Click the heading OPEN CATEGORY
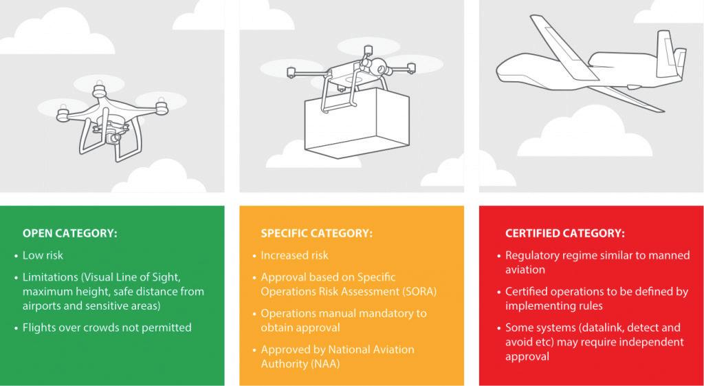click(70, 233)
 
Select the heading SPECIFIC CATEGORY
click(316, 233)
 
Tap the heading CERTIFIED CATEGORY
click(564, 233)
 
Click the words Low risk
click(43, 255)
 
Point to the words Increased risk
click(294, 255)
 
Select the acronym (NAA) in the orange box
click(327, 363)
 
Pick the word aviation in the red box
click(525, 270)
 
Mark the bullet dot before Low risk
click(16, 256)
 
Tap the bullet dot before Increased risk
click(254, 256)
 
